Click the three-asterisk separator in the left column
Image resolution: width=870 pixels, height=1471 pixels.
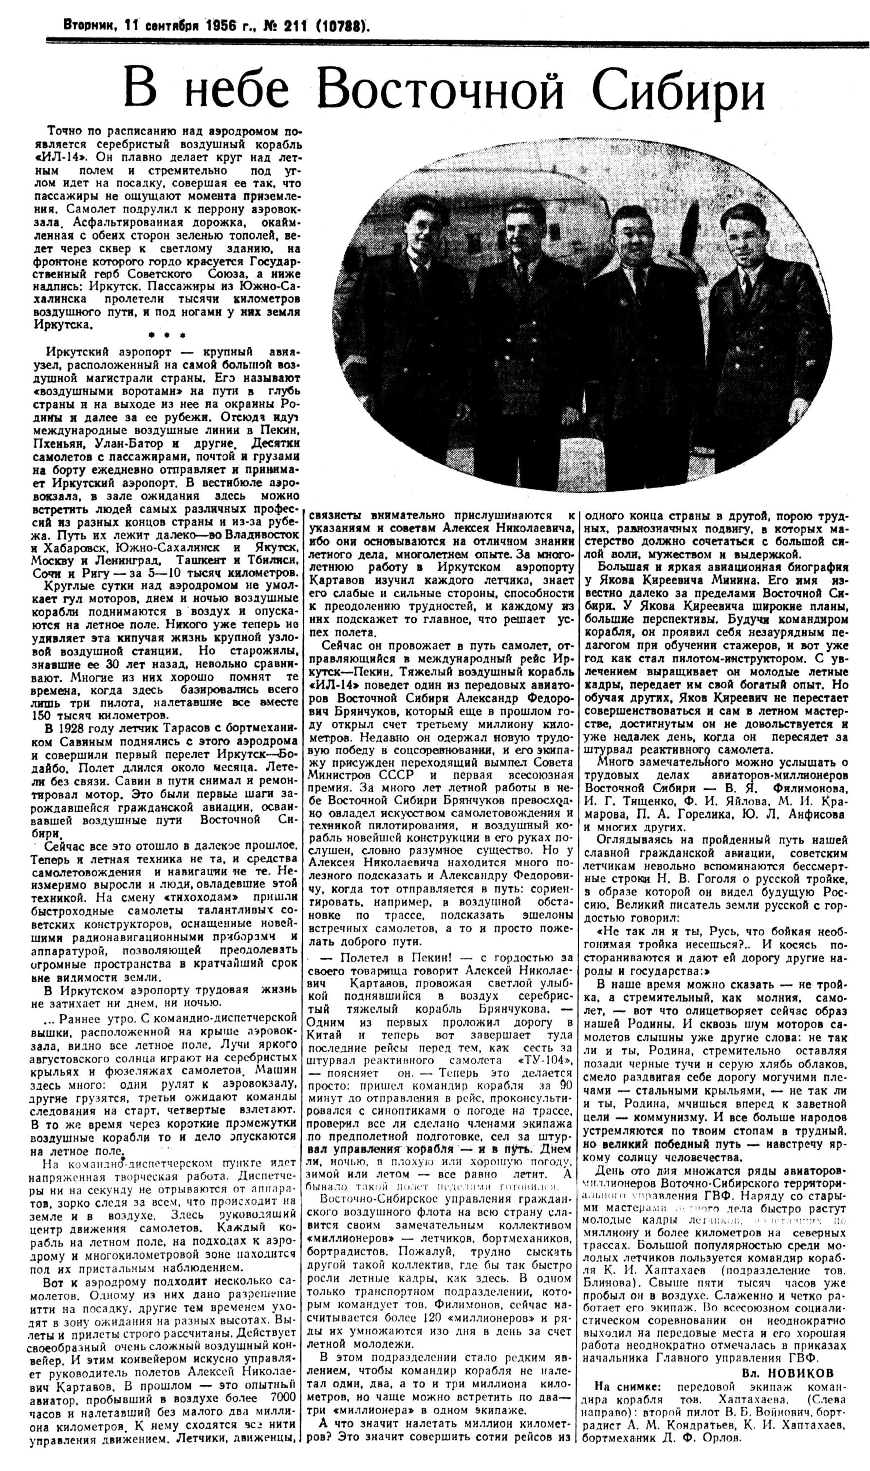pos(167,335)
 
